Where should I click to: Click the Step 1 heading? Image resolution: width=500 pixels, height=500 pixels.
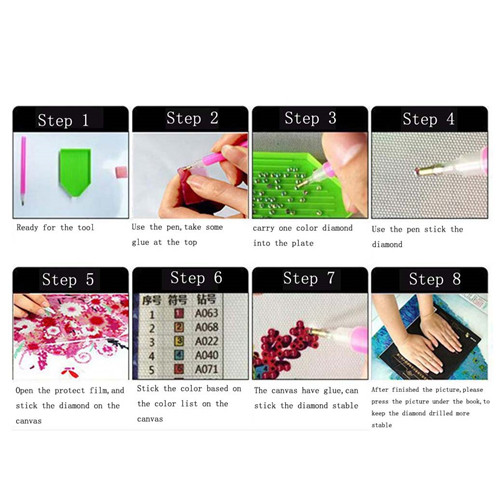click(x=63, y=120)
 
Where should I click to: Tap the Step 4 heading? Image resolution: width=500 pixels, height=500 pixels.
click(x=428, y=119)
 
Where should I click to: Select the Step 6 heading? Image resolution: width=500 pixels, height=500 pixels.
click(x=196, y=278)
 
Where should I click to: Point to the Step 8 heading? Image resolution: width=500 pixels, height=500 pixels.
click(x=435, y=279)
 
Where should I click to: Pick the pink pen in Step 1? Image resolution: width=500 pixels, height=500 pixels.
click(x=23, y=170)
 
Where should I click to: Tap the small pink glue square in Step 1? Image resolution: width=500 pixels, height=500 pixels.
click(x=121, y=172)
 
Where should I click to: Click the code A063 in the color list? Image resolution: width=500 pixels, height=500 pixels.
click(x=206, y=313)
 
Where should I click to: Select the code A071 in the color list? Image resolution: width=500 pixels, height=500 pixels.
click(x=206, y=369)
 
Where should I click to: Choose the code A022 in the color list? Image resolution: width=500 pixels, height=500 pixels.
click(x=206, y=341)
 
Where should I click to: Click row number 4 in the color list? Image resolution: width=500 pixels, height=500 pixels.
click(x=151, y=356)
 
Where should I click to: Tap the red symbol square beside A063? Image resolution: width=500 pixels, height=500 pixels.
click(x=179, y=313)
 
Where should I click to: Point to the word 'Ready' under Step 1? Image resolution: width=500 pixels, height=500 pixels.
click(x=27, y=228)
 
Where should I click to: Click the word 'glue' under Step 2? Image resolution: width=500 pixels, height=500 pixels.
click(x=140, y=242)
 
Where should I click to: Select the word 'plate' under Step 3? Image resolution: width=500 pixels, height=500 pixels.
click(x=302, y=243)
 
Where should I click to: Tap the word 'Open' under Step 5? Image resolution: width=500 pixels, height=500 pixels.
click(x=24, y=391)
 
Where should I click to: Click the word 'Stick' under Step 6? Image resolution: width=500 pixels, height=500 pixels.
click(x=148, y=389)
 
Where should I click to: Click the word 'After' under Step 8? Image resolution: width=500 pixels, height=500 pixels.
click(x=380, y=390)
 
